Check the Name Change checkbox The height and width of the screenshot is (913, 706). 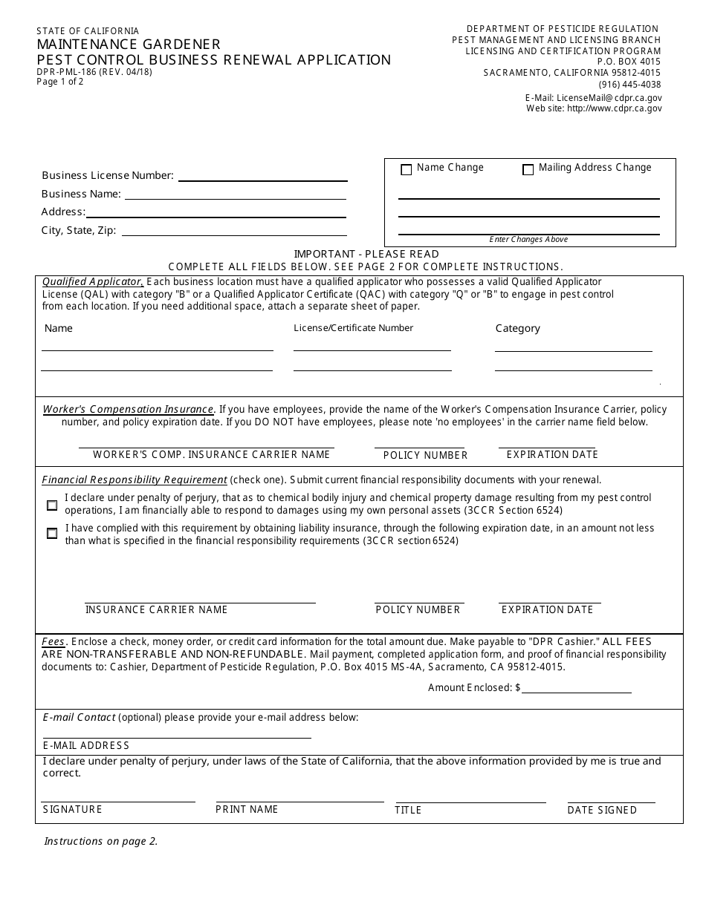click(x=406, y=170)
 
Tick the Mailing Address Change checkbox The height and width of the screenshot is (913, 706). click(x=528, y=170)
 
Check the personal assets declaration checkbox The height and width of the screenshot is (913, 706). click(x=52, y=505)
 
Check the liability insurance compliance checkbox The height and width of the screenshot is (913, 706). click(x=52, y=534)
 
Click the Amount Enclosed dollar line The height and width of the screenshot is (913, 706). click(x=577, y=690)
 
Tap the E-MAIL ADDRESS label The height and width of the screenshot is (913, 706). click(x=86, y=745)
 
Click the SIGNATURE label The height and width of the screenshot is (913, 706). click(x=73, y=809)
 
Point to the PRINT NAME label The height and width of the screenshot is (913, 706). click(x=247, y=809)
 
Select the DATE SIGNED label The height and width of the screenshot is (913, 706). click(x=602, y=810)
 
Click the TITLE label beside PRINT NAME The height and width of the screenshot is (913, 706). click(x=408, y=810)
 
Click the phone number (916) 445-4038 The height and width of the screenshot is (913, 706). click(x=629, y=85)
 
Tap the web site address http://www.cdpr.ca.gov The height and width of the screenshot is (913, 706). click(x=614, y=108)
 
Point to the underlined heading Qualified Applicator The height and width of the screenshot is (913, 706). click(x=92, y=282)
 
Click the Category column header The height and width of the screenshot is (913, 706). click(x=518, y=328)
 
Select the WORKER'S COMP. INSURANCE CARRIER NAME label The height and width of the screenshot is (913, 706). click(x=211, y=454)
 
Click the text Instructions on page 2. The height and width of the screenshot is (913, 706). click(x=101, y=841)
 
